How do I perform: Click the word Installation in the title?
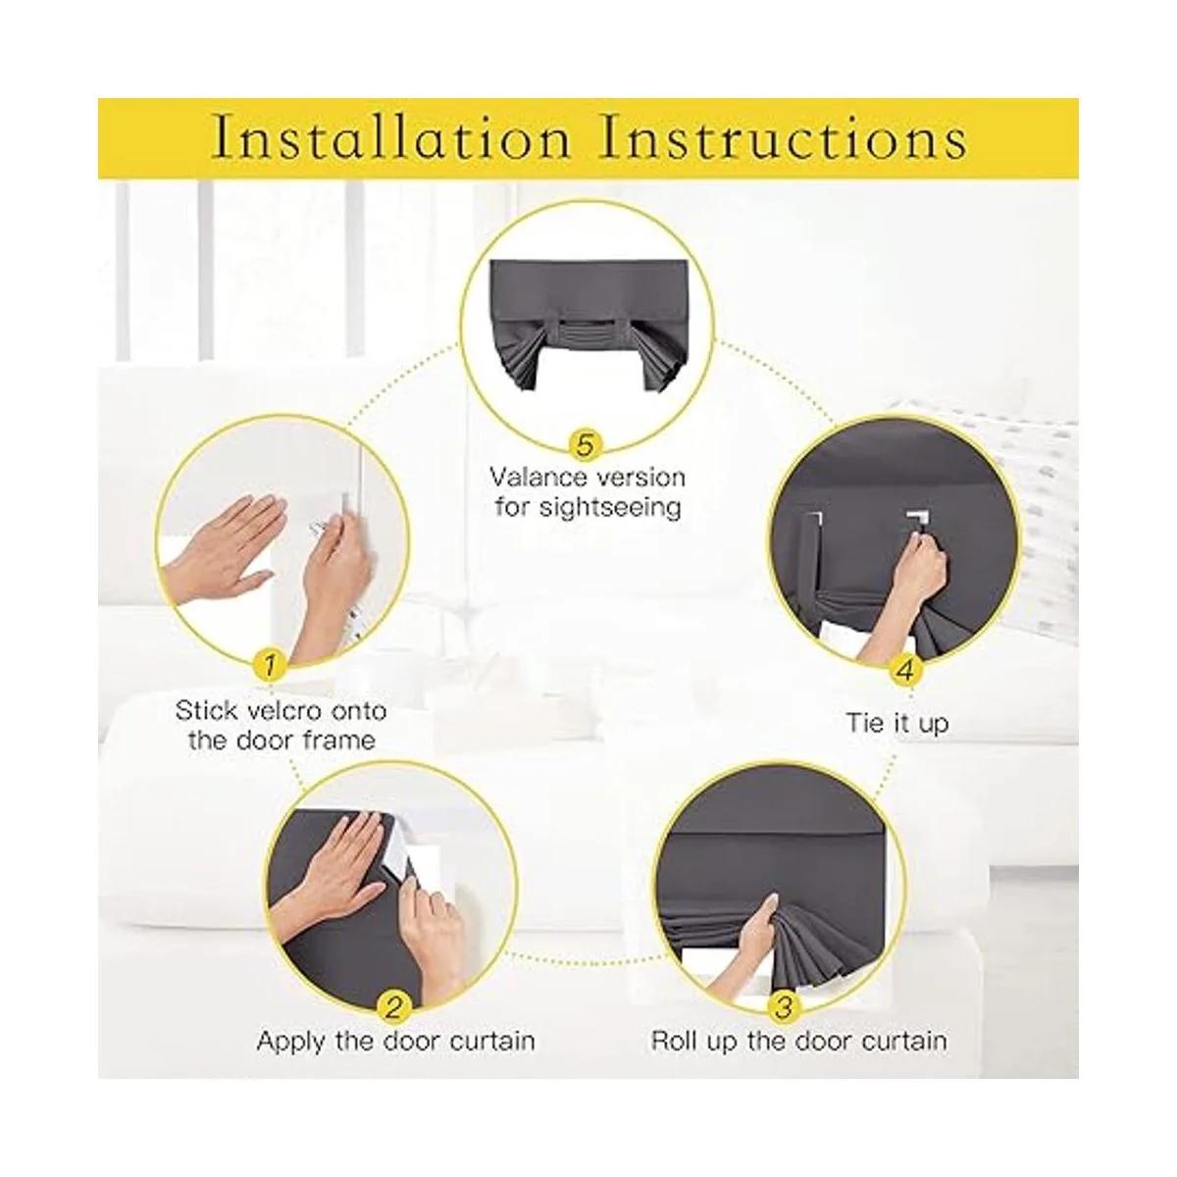point(392,140)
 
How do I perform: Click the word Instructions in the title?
point(784,140)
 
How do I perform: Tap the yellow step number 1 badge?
point(270,666)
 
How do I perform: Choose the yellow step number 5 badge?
point(586,445)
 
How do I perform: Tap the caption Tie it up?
point(897,724)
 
